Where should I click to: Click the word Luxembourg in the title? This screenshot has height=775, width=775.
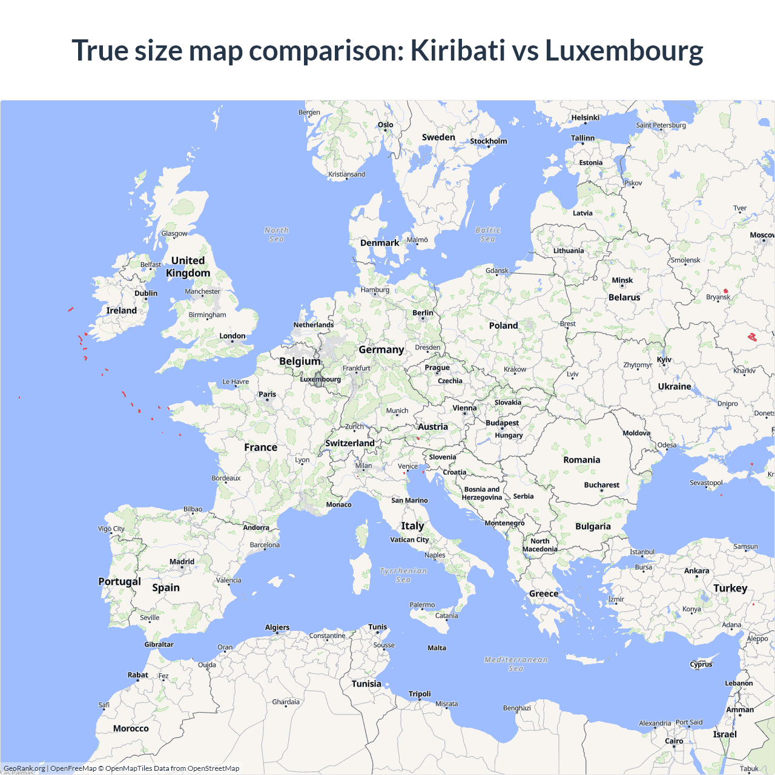point(624,50)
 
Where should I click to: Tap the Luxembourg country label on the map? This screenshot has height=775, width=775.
point(320,379)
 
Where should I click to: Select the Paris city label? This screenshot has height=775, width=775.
point(267,394)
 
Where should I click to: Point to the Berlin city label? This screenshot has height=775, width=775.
point(423,313)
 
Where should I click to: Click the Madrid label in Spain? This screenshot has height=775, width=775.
point(182,562)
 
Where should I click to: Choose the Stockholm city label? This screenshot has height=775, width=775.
point(489,141)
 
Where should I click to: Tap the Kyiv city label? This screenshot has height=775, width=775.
point(664,360)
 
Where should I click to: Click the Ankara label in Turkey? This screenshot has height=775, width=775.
point(696,571)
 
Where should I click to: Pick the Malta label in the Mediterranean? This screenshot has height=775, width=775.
point(437,648)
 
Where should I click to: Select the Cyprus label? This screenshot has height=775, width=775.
point(701,664)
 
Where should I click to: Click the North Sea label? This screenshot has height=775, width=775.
point(277,234)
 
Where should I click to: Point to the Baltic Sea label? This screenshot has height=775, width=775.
point(488,234)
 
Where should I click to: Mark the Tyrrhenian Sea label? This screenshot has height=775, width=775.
point(403,575)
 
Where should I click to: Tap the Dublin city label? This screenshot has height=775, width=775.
point(146,293)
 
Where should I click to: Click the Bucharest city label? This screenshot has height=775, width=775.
point(601,485)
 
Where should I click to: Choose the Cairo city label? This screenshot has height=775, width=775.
point(674,741)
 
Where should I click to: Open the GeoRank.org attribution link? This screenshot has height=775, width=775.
point(24,768)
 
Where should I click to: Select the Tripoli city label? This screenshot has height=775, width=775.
point(420,694)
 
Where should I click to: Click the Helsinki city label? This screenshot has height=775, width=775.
point(585,117)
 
